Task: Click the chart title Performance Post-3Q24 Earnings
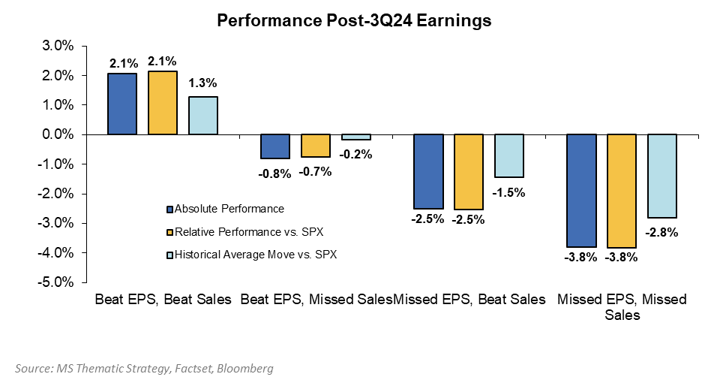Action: [x=354, y=21]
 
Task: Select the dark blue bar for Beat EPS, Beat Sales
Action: [x=122, y=104]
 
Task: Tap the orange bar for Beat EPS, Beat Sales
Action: [x=163, y=103]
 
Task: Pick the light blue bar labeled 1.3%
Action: [x=202, y=116]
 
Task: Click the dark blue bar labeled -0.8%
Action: [x=275, y=146]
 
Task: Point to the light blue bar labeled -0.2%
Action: [x=355, y=137]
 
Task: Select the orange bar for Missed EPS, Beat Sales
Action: [x=469, y=171]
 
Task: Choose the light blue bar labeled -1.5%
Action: [x=508, y=156]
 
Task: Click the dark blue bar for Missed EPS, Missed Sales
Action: [x=581, y=191]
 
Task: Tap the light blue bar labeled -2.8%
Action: [x=661, y=176]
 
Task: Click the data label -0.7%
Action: [x=315, y=171]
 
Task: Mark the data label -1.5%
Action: [x=508, y=191]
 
